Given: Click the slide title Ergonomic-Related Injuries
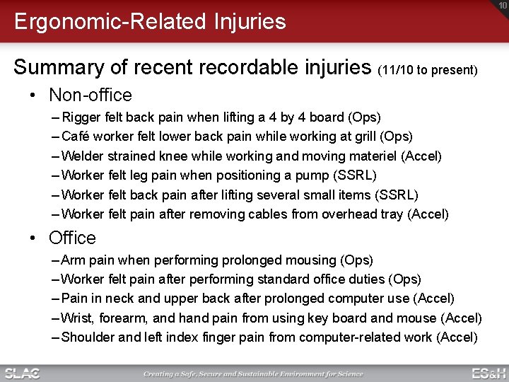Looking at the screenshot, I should tap(150, 21).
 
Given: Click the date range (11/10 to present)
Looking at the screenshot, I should tap(428, 70).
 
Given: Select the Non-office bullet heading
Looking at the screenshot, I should tap(90, 95).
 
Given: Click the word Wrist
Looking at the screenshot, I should tap(78, 318).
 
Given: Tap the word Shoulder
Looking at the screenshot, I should tap(88, 337).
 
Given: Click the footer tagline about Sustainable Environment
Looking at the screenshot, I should tap(253, 374).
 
